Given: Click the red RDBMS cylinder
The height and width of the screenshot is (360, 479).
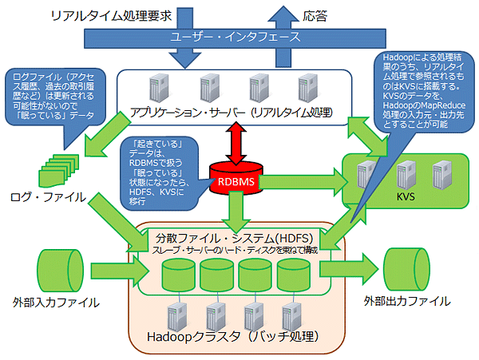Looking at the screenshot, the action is pyautogui.click(x=236, y=179).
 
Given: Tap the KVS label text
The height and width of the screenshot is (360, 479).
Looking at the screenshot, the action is pyautogui.click(x=406, y=196).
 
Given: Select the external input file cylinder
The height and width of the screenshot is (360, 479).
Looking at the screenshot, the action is pyautogui.click(x=60, y=271).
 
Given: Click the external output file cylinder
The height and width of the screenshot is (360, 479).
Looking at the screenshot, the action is pyautogui.click(x=406, y=269).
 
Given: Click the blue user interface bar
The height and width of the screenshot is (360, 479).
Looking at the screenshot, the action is pyautogui.click(x=235, y=38).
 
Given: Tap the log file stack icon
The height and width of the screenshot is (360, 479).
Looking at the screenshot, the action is pyautogui.click(x=58, y=171).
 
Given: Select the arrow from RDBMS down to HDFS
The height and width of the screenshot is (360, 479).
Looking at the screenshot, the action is pyautogui.click(x=236, y=212).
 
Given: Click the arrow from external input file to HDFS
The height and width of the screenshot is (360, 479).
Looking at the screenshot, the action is pyautogui.click(x=120, y=271).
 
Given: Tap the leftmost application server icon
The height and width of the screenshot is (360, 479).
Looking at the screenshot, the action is pyautogui.click(x=159, y=88).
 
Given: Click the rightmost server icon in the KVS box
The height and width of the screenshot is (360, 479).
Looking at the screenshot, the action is pyautogui.click(x=442, y=176).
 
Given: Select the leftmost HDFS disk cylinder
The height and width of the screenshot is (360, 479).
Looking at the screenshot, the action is pyautogui.click(x=178, y=275).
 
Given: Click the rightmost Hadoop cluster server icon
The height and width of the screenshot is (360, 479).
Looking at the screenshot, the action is pyautogui.click(x=291, y=317).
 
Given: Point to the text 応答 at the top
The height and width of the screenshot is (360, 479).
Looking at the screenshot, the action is pyautogui.click(x=315, y=16).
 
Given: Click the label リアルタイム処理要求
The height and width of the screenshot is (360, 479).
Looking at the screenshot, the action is pyautogui.click(x=111, y=16).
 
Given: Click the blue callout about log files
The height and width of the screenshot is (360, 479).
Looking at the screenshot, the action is pyautogui.click(x=56, y=97).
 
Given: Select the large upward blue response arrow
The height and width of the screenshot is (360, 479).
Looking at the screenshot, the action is pyautogui.click(x=283, y=37).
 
